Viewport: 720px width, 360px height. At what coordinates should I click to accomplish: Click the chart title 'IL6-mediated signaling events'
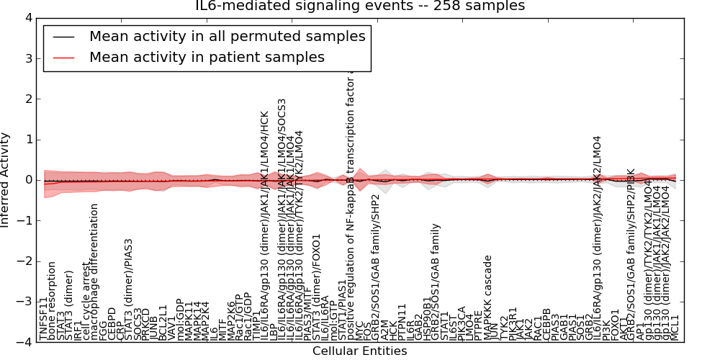tap(360, 6)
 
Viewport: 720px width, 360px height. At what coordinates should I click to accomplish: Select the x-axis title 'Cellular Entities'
tap(359, 351)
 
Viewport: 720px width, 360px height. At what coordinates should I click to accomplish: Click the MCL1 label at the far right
tap(675, 328)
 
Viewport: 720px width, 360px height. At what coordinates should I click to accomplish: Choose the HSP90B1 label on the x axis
tap(427, 318)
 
